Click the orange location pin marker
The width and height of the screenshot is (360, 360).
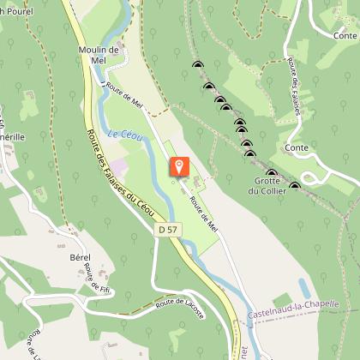tap(179, 166)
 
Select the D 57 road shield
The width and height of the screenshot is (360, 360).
tap(168, 230)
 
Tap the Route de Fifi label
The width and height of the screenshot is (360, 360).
tap(94, 279)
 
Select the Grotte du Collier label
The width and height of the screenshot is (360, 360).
tap(267, 186)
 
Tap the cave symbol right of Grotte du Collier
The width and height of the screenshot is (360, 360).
tap(295, 185)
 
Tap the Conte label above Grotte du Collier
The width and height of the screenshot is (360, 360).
tap(298, 147)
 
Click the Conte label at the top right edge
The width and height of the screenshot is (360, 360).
tap(345, 35)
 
